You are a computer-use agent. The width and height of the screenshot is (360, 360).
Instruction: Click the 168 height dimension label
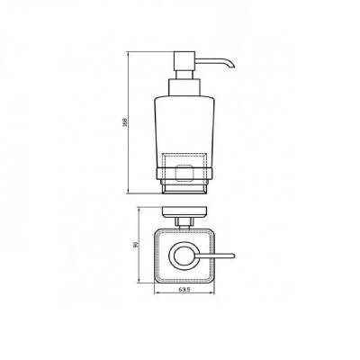tap(125, 122)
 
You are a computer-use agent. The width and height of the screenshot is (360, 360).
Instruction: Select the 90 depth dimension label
tap(135, 245)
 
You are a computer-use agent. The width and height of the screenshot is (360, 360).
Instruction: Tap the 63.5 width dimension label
tap(184, 290)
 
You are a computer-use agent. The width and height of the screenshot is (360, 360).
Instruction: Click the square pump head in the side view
tap(184, 61)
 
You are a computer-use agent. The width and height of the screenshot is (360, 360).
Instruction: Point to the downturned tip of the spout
tap(232, 66)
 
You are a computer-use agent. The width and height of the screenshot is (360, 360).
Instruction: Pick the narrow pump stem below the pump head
tap(184, 75)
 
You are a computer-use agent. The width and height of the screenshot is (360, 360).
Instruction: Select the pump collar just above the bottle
tap(184, 87)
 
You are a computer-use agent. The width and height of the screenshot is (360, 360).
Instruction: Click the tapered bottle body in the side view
tap(184, 132)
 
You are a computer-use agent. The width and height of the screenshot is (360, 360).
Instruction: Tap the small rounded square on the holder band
tap(184, 173)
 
